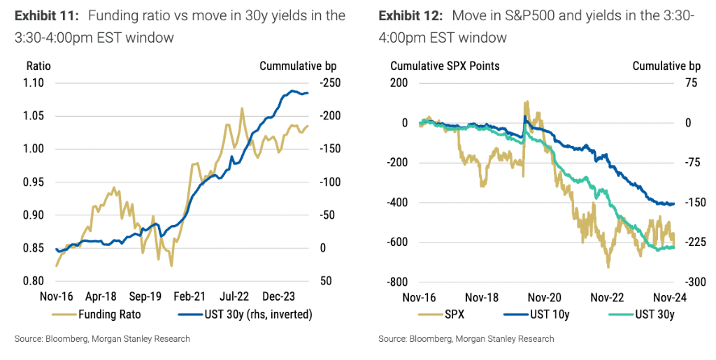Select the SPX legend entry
(x=453, y=315)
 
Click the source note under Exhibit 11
(x=102, y=339)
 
